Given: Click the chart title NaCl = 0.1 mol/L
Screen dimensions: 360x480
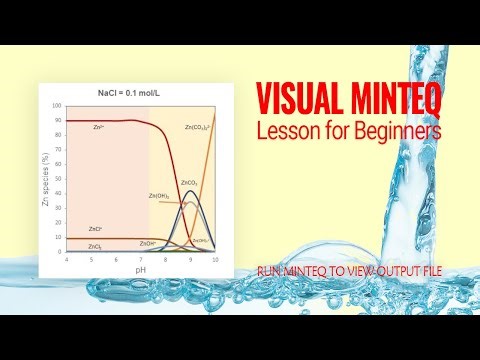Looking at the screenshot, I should coord(140,93).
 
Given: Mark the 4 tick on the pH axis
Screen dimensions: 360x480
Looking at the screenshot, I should coord(66,258).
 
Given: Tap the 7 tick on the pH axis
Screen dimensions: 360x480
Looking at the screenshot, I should coord(141,258).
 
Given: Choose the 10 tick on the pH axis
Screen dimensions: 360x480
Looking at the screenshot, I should coord(215,258).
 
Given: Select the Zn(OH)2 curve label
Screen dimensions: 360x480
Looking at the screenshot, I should coord(158,195).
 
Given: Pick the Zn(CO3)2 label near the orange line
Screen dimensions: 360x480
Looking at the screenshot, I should coord(199,128).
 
